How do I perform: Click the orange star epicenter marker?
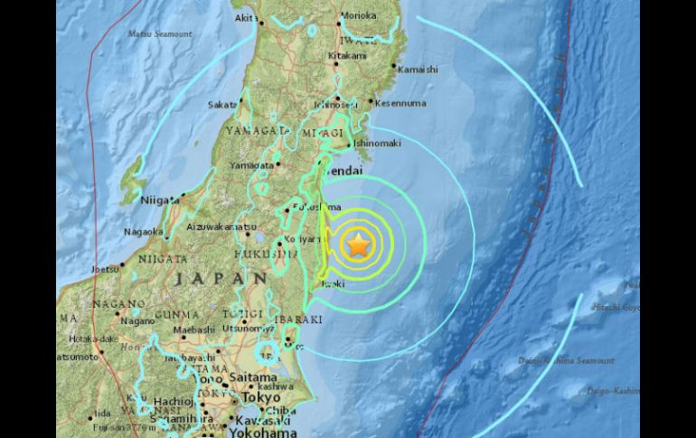point(359,243)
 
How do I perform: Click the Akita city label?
point(244,16)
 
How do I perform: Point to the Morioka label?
point(358,15)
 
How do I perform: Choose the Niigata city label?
point(160,200)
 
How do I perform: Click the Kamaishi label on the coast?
point(418,69)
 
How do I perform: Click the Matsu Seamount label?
point(160,33)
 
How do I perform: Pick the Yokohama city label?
point(240,431)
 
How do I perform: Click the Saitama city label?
point(251,377)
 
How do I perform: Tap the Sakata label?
point(222,105)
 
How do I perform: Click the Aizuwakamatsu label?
point(222,227)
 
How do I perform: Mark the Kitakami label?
point(347,55)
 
